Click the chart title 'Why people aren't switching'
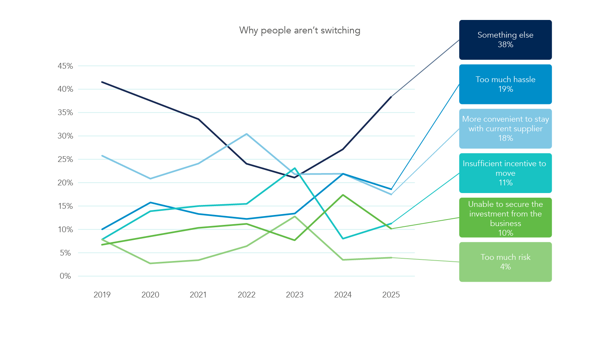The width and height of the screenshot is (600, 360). pos(299,30)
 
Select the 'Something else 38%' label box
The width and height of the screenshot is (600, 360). pos(505,40)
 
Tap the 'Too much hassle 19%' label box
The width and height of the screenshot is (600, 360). pos(505,84)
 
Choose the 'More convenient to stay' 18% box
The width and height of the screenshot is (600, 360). pos(505,129)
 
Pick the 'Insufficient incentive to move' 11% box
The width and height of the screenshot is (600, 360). pos(505,173)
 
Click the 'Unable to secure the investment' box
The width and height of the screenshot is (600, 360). pos(505,218)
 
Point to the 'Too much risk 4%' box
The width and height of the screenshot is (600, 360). pos(505,262)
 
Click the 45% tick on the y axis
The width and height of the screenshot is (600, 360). pos(65,66)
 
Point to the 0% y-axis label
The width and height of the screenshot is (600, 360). pos(65,276)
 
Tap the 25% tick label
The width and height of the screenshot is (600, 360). pos(65,159)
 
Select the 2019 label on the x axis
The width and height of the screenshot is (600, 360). pos(102,295)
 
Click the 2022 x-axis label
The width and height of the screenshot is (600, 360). pos(246,295)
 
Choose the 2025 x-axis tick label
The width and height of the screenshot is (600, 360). pos(391,295)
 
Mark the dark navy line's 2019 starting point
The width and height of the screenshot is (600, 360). pos(102,82)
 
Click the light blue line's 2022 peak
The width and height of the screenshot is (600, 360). pos(246,134)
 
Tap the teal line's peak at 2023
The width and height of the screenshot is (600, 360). pos(295,168)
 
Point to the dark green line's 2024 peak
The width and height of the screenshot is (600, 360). pos(343,195)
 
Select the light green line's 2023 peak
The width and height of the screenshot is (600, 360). pos(295,216)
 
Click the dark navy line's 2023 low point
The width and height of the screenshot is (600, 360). pos(295,177)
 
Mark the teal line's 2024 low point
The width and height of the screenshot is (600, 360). pos(343,239)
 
